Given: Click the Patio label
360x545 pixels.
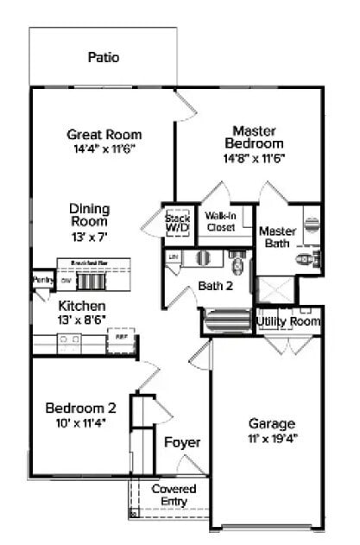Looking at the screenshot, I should [103, 58].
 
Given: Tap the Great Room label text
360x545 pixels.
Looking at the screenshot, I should [104, 134].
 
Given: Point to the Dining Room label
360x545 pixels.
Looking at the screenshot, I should [90, 215].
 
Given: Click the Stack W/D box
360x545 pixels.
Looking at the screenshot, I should [177, 225].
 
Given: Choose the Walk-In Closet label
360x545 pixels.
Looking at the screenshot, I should [222, 221].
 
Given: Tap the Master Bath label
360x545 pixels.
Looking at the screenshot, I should [277, 238].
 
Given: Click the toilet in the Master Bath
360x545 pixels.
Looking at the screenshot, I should [307, 257].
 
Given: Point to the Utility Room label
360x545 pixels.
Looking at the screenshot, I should [288, 321].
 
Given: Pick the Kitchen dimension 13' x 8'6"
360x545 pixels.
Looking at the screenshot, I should [82, 320].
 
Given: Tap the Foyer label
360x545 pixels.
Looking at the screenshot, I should [182, 442].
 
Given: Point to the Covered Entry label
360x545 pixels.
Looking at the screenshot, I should [174, 495].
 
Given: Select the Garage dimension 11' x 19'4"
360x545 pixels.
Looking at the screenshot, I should [272, 439].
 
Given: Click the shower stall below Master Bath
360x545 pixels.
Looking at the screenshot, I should [277, 289].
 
